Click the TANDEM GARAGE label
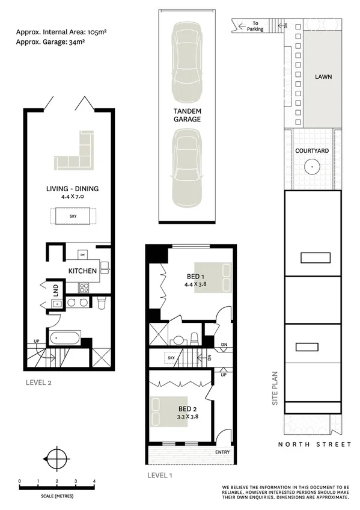(x=187, y=115)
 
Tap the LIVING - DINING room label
(x=72, y=189)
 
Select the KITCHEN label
(x=82, y=271)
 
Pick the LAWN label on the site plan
(x=323, y=77)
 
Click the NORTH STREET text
(x=314, y=444)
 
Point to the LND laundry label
(x=55, y=289)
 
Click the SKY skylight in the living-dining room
(x=72, y=215)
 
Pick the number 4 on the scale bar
(x=94, y=482)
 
